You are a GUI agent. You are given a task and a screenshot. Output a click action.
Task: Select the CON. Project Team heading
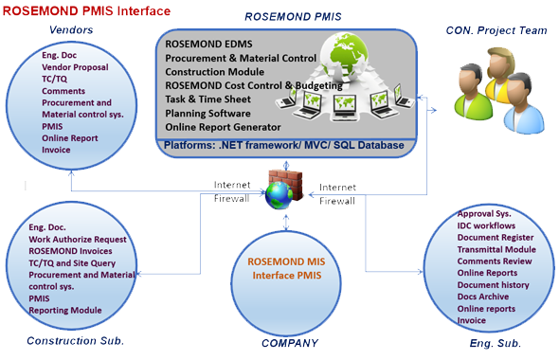pos(496,31)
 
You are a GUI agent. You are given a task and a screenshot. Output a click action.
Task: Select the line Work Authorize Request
pos(78,240)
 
